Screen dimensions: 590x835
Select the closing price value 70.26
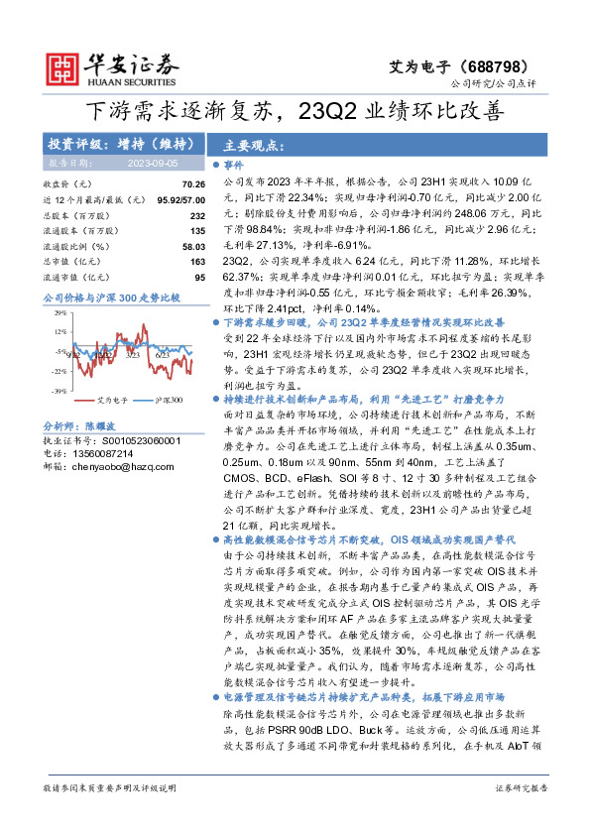coord(193,184)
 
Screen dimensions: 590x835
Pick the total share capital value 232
coord(197,215)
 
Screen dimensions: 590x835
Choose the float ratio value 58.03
coord(193,246)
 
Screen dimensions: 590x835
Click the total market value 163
coord(197,261)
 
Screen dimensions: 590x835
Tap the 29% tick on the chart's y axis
coord(59,312)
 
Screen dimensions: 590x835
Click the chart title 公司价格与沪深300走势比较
coord(111,297)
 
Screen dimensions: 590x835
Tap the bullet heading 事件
coord(233,166)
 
